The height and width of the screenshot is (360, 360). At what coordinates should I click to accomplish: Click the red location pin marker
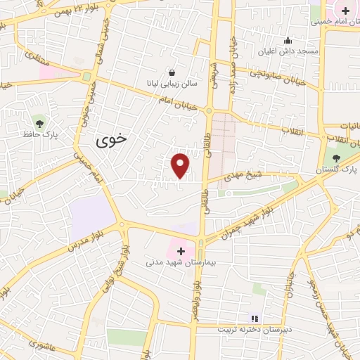coord(181,165)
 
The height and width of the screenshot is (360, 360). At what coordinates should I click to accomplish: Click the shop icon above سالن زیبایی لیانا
coord(173,72)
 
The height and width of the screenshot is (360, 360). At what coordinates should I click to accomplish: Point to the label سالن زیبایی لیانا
coord(173,84)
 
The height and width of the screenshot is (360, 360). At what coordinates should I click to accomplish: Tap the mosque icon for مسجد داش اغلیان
coord(288,40)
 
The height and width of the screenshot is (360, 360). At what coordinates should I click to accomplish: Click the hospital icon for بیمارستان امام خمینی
coord(345,11)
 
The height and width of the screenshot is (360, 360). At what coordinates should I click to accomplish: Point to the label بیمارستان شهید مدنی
coord(179,262)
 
